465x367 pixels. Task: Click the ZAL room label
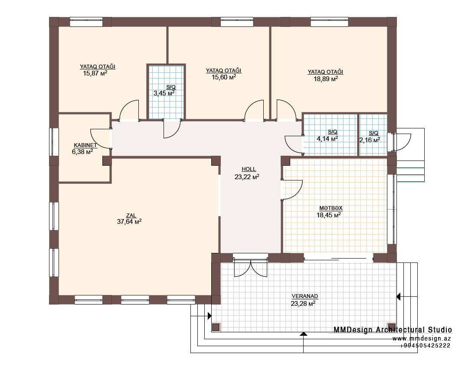[131, 216]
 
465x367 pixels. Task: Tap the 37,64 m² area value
[129, 221]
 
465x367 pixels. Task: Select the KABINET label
[85, 145]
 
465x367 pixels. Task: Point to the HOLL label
[249, 169]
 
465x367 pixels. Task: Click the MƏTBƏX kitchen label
[331, 208]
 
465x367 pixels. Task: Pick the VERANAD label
[305, 296]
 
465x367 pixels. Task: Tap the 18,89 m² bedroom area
[326, 79]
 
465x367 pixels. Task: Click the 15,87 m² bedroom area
[95, 73]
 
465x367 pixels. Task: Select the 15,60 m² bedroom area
[224, 77]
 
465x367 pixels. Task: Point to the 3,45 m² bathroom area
[164, 93]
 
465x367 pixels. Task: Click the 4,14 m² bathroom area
[327, 138]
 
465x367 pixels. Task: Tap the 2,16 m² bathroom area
[370, 140]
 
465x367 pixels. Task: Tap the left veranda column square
[216, 327]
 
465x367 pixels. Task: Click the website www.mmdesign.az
[422, 338]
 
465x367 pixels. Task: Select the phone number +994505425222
[425, 346]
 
